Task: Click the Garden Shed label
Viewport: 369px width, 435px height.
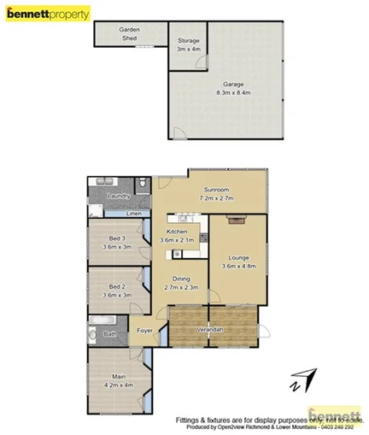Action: click(x=130, y=34)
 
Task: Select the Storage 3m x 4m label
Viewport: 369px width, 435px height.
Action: click(x=187, y=44)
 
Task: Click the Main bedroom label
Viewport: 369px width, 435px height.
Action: click(x=118, y=380)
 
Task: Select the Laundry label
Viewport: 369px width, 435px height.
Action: click(x=118, y=197)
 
